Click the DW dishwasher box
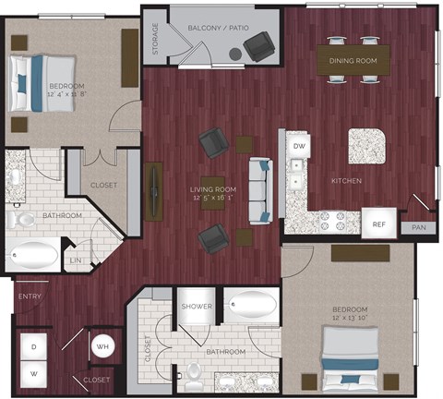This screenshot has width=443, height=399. (298, 146)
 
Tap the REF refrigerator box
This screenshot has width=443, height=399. (378, 224)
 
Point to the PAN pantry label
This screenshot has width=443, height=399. (419, 226)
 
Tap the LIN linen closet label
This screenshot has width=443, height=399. (76, 261)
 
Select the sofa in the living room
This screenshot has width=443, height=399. (260, 189)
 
